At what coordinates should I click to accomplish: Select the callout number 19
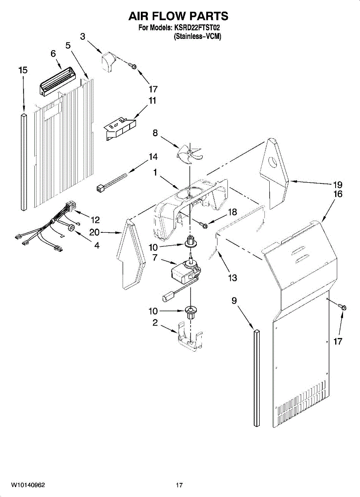338,184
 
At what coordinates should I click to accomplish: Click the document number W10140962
28,485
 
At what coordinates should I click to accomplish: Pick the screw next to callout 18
204,224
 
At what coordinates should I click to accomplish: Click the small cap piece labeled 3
108,62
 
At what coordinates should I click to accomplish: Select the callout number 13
232,277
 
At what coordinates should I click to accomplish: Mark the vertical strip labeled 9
257,377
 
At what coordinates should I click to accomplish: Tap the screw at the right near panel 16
343,307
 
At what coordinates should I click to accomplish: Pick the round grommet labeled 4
70,227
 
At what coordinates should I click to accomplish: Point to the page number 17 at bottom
179,485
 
